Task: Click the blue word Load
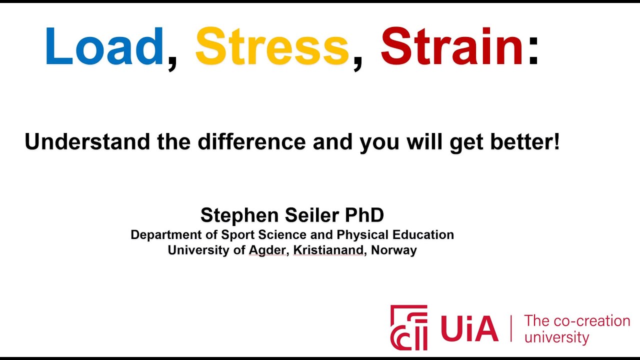click(x=104, y=46)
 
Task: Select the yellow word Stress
click(x=272, y=46)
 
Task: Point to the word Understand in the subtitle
click(x=87, y=141)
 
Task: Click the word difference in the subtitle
click(x=252, y=141)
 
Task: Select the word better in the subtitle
click(x=520, y=141)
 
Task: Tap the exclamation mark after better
click(x=556, y=141)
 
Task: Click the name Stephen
click(x=239, y=215)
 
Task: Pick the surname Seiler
click(x=312, y=215)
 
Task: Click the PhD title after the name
click(x=364, y=215)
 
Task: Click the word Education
click(x=423, y=235)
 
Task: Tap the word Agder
click(x=267, y=250)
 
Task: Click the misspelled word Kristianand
click(x=328, y=250)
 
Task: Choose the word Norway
click(x=394, y=250)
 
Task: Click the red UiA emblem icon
click(x=409, y=327)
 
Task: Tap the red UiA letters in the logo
click(x=469, y=328)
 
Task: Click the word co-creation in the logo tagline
click(x=592, y=321)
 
